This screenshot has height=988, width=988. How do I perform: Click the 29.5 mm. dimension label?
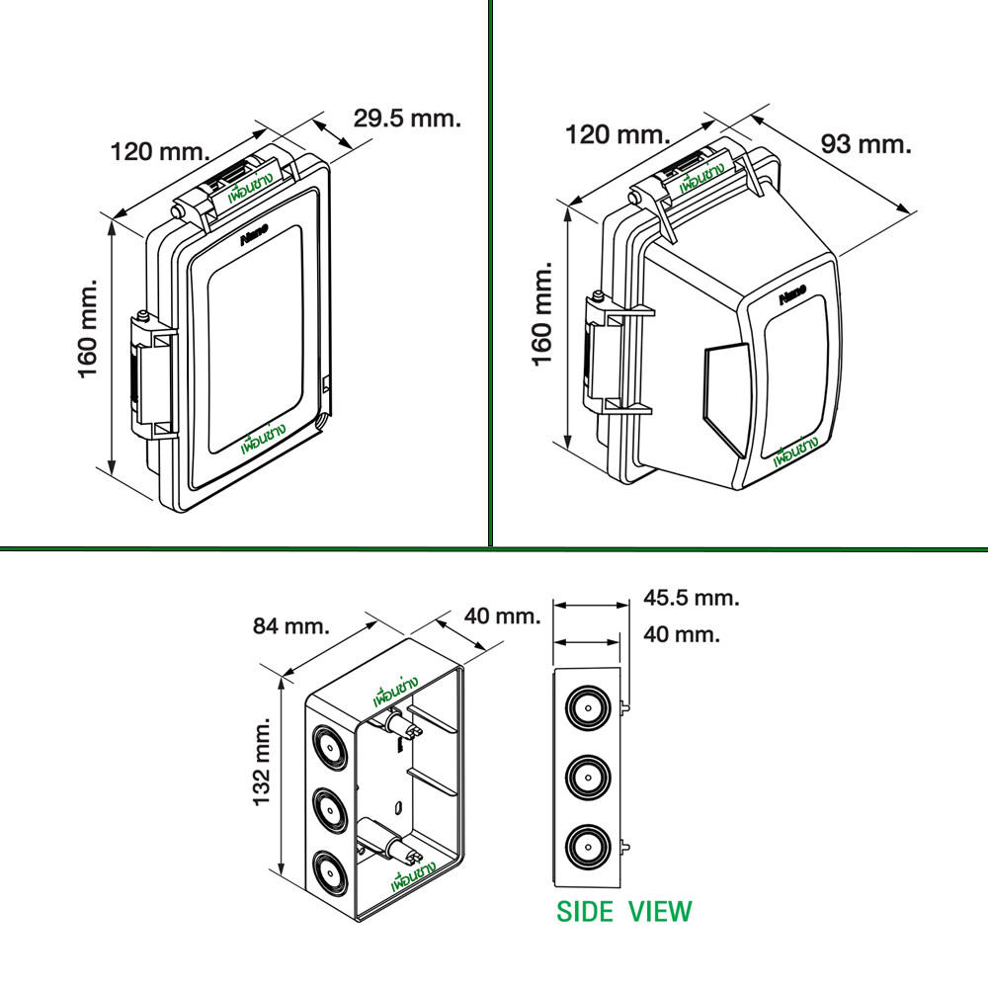407,120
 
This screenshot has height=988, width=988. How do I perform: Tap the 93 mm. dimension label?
865,144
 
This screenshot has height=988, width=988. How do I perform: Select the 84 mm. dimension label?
291,625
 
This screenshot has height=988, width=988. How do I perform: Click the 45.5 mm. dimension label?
692,598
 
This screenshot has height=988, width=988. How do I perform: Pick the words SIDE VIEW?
624,910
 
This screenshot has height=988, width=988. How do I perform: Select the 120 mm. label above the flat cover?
160,152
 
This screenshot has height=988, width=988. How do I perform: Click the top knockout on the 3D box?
329,747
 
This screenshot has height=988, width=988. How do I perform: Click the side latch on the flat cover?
153,380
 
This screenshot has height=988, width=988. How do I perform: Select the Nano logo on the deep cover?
793,296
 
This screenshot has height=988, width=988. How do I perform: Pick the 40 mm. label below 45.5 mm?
681,634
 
